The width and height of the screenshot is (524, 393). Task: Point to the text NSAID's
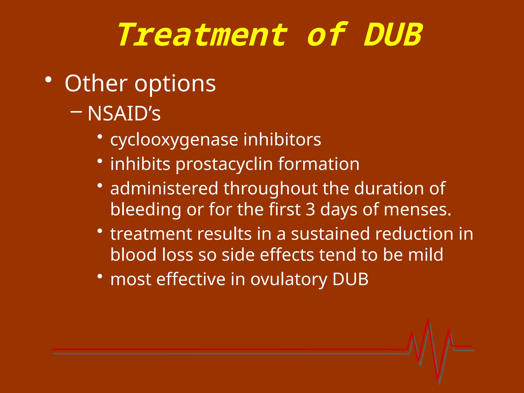click(x=124, y=113)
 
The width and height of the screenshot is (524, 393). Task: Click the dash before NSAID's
click(x=76, y=112)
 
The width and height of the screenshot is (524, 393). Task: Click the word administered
click(x=164, y=188)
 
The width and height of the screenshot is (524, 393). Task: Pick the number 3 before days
click(x=310, y=209)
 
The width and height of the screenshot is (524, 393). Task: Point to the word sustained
click(x=330, y=234)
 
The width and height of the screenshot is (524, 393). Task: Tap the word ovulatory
click(x=289, y=279)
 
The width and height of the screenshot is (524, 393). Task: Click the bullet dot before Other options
click(x=48, y=80)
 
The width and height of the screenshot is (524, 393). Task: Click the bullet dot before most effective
click(x=100, y=277)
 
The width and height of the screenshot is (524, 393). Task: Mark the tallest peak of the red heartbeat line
click(x=428, y=320)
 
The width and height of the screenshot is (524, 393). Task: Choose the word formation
click(x=319, y=164)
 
